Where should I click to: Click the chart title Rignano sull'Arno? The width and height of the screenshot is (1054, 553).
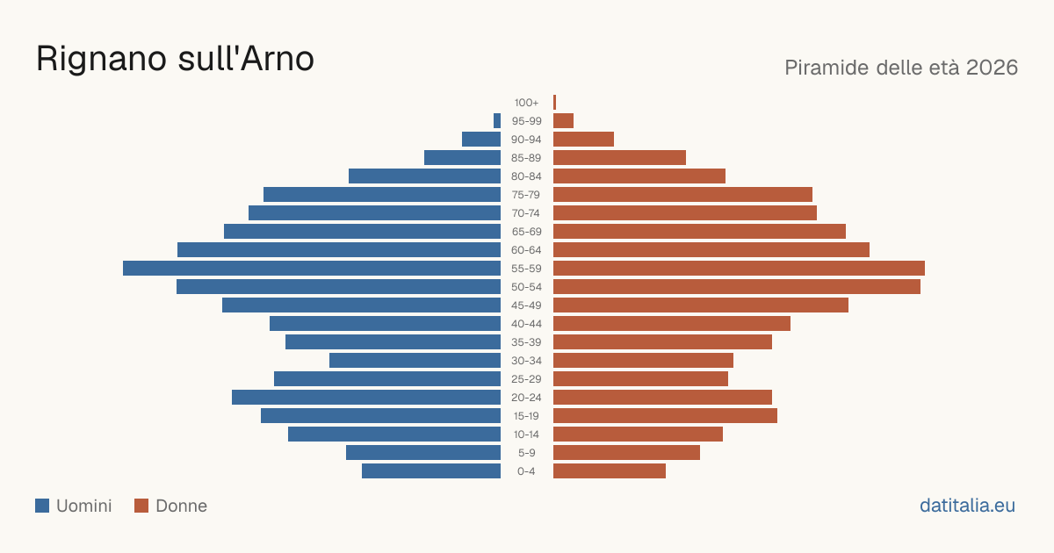pyautogui.click(x=175, y=59)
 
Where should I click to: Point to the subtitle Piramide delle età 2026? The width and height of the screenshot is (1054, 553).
pyautogui.click(x=901, y=68)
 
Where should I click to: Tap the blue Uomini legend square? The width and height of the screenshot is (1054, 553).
pyautogui.click(x=42, y=506)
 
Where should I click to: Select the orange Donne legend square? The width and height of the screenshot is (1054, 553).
pyautogui.click(x=141, y=506)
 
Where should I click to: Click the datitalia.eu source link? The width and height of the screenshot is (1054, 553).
pyautogui.click(x=967, y=506)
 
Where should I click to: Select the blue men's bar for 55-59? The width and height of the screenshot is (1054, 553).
pyautogui.click(x=312, y=268)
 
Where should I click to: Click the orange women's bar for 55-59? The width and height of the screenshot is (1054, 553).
pyautogui.click(x=739, y=268)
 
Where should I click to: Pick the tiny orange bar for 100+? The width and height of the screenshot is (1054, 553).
pyautogui.click(x=555, y=102)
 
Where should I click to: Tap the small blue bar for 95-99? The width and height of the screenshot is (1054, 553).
pyautogui.click(x=497, y=120)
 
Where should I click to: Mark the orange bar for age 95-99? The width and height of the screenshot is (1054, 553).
pyautogui.click(x=563, y=120)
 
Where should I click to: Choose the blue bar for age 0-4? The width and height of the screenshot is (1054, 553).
pyautogui.click(x=431, y=470)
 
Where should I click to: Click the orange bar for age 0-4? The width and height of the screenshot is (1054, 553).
pyautogui.click(x=610, y=470)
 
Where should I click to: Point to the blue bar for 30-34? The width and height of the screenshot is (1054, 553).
pyautogui.click(x=415, y=360)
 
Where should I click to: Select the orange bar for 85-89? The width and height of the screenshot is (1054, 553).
pyautogui.click(x=620, y=157)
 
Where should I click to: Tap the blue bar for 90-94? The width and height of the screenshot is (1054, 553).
pyautogui.click(x=481, y=140)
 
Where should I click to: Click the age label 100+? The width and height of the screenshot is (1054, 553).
pyautogui.click(x=526, y=103)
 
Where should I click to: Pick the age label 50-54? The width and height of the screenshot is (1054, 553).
pyautogui.click(x=526, y=287)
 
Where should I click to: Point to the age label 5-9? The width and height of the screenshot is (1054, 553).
pyautogui.click(x=526, y=452)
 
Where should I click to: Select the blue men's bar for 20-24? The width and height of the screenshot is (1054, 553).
pyautogui.click(x=366, y=397)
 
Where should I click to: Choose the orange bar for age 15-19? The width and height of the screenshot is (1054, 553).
pyautogui.click(x=666, y=416)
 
